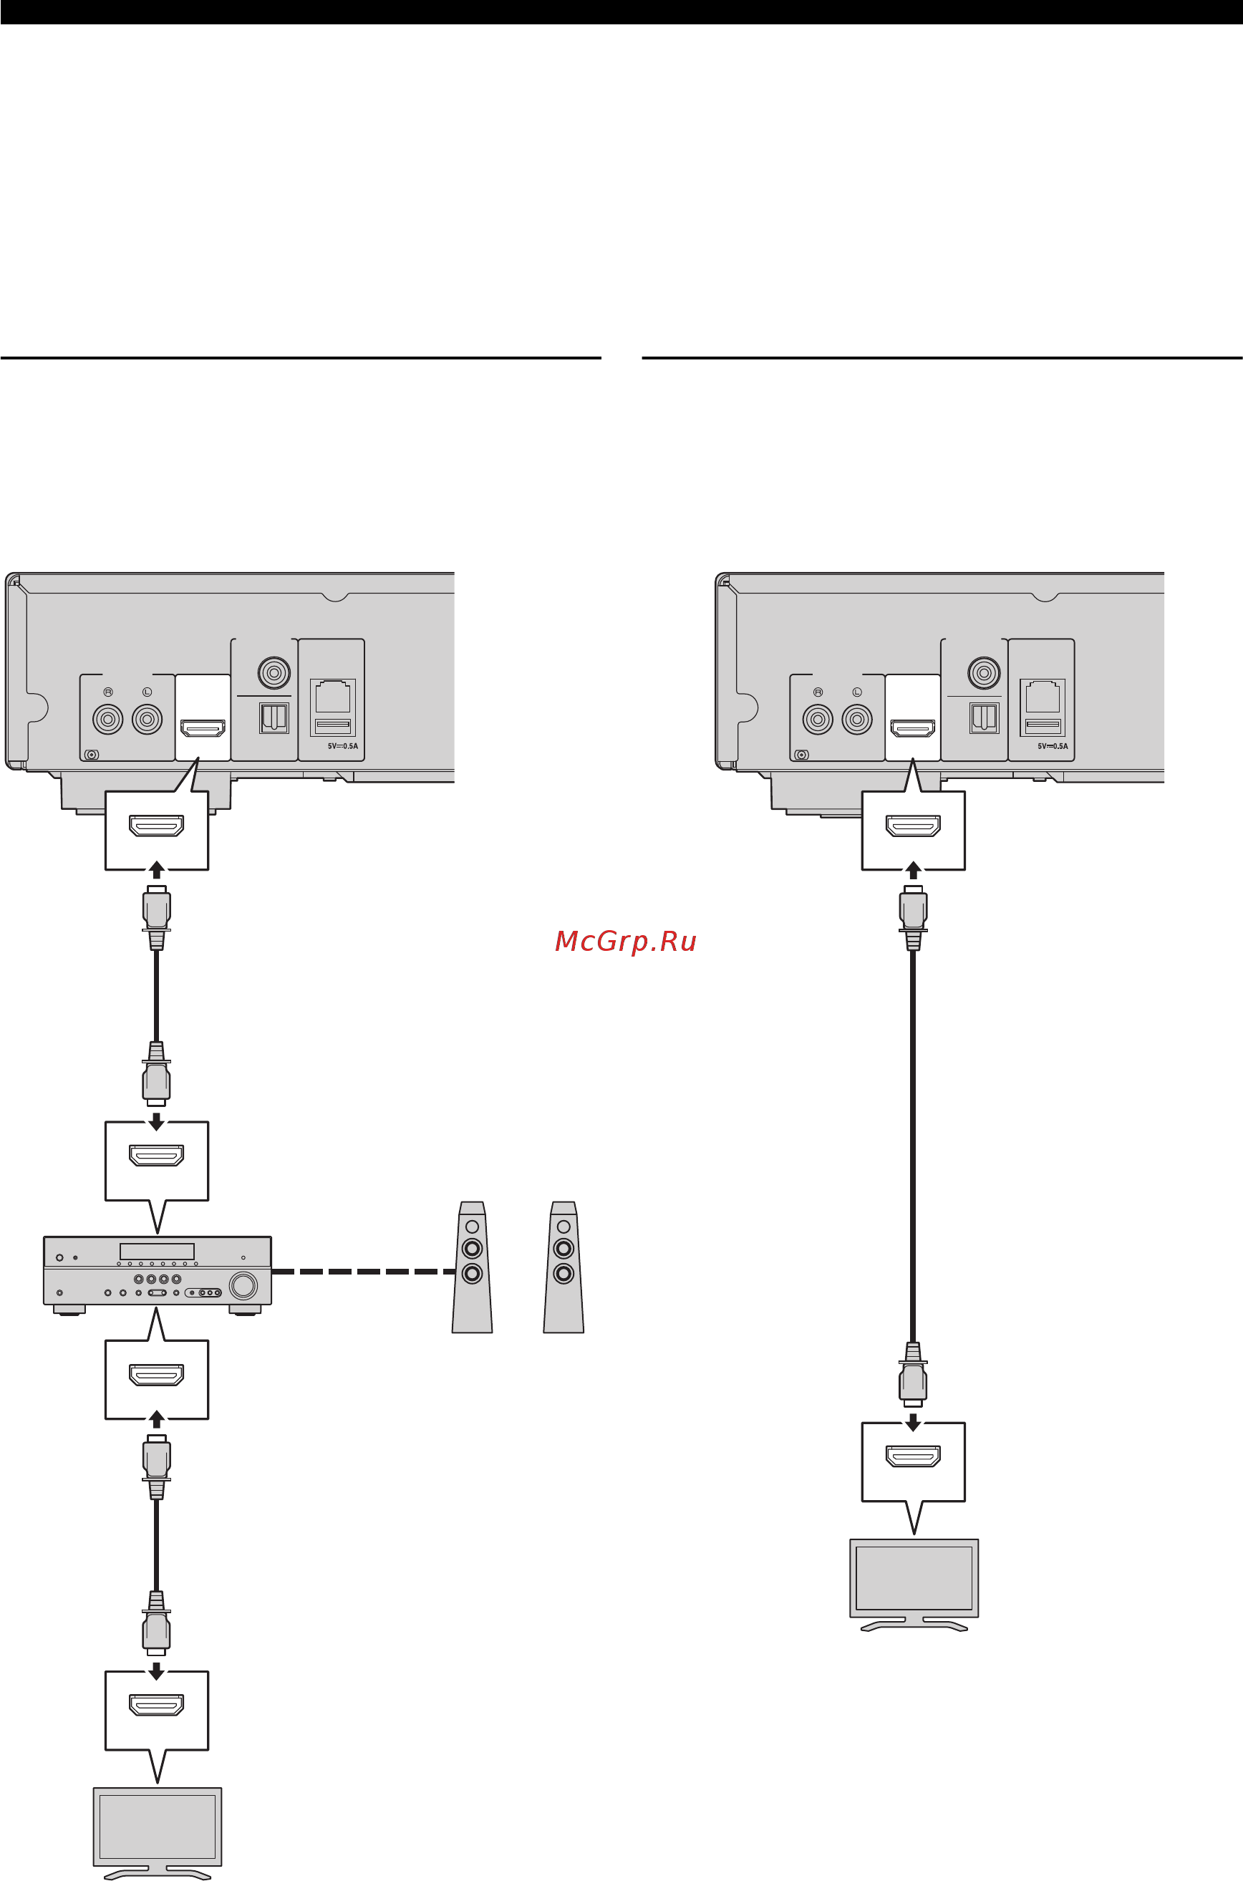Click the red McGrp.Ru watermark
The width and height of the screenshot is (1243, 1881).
coord(626,941)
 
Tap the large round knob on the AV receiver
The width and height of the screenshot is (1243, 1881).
coord(243,1285)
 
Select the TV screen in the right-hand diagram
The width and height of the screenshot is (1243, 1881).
coord(914,1577)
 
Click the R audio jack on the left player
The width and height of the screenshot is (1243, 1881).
coord(108,720)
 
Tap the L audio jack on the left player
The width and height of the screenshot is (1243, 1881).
coord(147,720)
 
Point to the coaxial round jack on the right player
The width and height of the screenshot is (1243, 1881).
coord(984,673)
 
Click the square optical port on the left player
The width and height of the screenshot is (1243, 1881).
coord(274,718)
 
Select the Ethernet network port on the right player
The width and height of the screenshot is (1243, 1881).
coord(1043,696)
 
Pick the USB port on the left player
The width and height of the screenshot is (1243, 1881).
coord(334,725)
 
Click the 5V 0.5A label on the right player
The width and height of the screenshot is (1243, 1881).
coord(1053,746)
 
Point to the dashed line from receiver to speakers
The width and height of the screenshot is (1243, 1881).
coord(364,1272)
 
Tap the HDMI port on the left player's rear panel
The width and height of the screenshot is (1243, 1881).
coord(203,727)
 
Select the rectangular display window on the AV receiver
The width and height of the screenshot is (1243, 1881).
coord(157,1251)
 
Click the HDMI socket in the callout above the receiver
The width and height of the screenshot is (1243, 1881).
coord(157,1156)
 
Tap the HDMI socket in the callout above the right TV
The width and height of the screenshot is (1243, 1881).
coord(913,1456)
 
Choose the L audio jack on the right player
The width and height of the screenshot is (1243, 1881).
coord(856,720)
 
